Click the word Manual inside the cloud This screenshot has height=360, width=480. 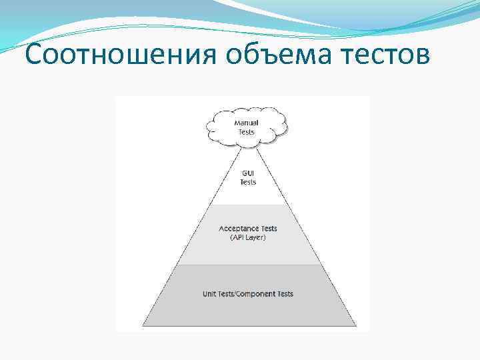click(x=247, y=123)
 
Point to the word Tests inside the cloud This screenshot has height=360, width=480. click(x=247, y=131)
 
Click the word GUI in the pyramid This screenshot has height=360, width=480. click(x=248, y=173)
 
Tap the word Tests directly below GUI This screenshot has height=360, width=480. click(x=248, y=182)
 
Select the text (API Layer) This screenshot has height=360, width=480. click(x=248, y=238)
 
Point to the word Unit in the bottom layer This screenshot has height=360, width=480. click(x=209, y=294)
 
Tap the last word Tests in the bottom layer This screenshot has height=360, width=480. click(x=285, y=294)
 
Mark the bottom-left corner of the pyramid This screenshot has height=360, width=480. click(x=143, y=325)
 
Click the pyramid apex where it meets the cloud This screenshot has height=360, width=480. click(x=248, y=146)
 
